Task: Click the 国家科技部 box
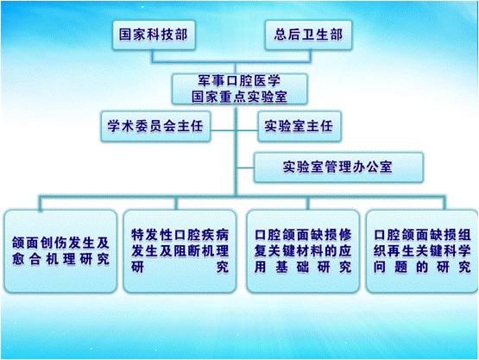pyautogui.click(x=154, y=35)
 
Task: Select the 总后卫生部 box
pyautogui.click(x=308, y=35)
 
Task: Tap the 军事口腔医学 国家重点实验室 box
pyautogui.click(x=240, y=89)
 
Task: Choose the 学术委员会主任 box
pyautogui.click(x=155, y=126)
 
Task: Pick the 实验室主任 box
pyautogui.click(x=299, y=126)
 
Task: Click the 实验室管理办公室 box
pyautogui.click(x=338, y=167)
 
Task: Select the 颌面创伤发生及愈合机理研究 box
pyautogui.click(x=60, y=251)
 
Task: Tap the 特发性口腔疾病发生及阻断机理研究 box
pyautogui.click(x=180, y=251)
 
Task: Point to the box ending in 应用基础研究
pyautogui.click(x=303, y=251)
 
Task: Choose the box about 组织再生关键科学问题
pyautogui.click(x=422, y=251)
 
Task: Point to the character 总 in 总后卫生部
pyautogui.click(x=280, y=35)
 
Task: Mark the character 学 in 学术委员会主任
pyautogui.click(x=114, y=126)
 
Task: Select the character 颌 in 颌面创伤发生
pyautogui.click(x=18, y=243)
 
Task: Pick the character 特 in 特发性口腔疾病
pyautogui.click(x=137, y=235)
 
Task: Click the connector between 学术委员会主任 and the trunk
pyautogui.click(x=223, y=130)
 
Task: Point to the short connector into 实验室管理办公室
pyautogui.click(x=245, y=167)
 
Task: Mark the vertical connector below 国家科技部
pyautogui.click(x=153, y=55)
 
